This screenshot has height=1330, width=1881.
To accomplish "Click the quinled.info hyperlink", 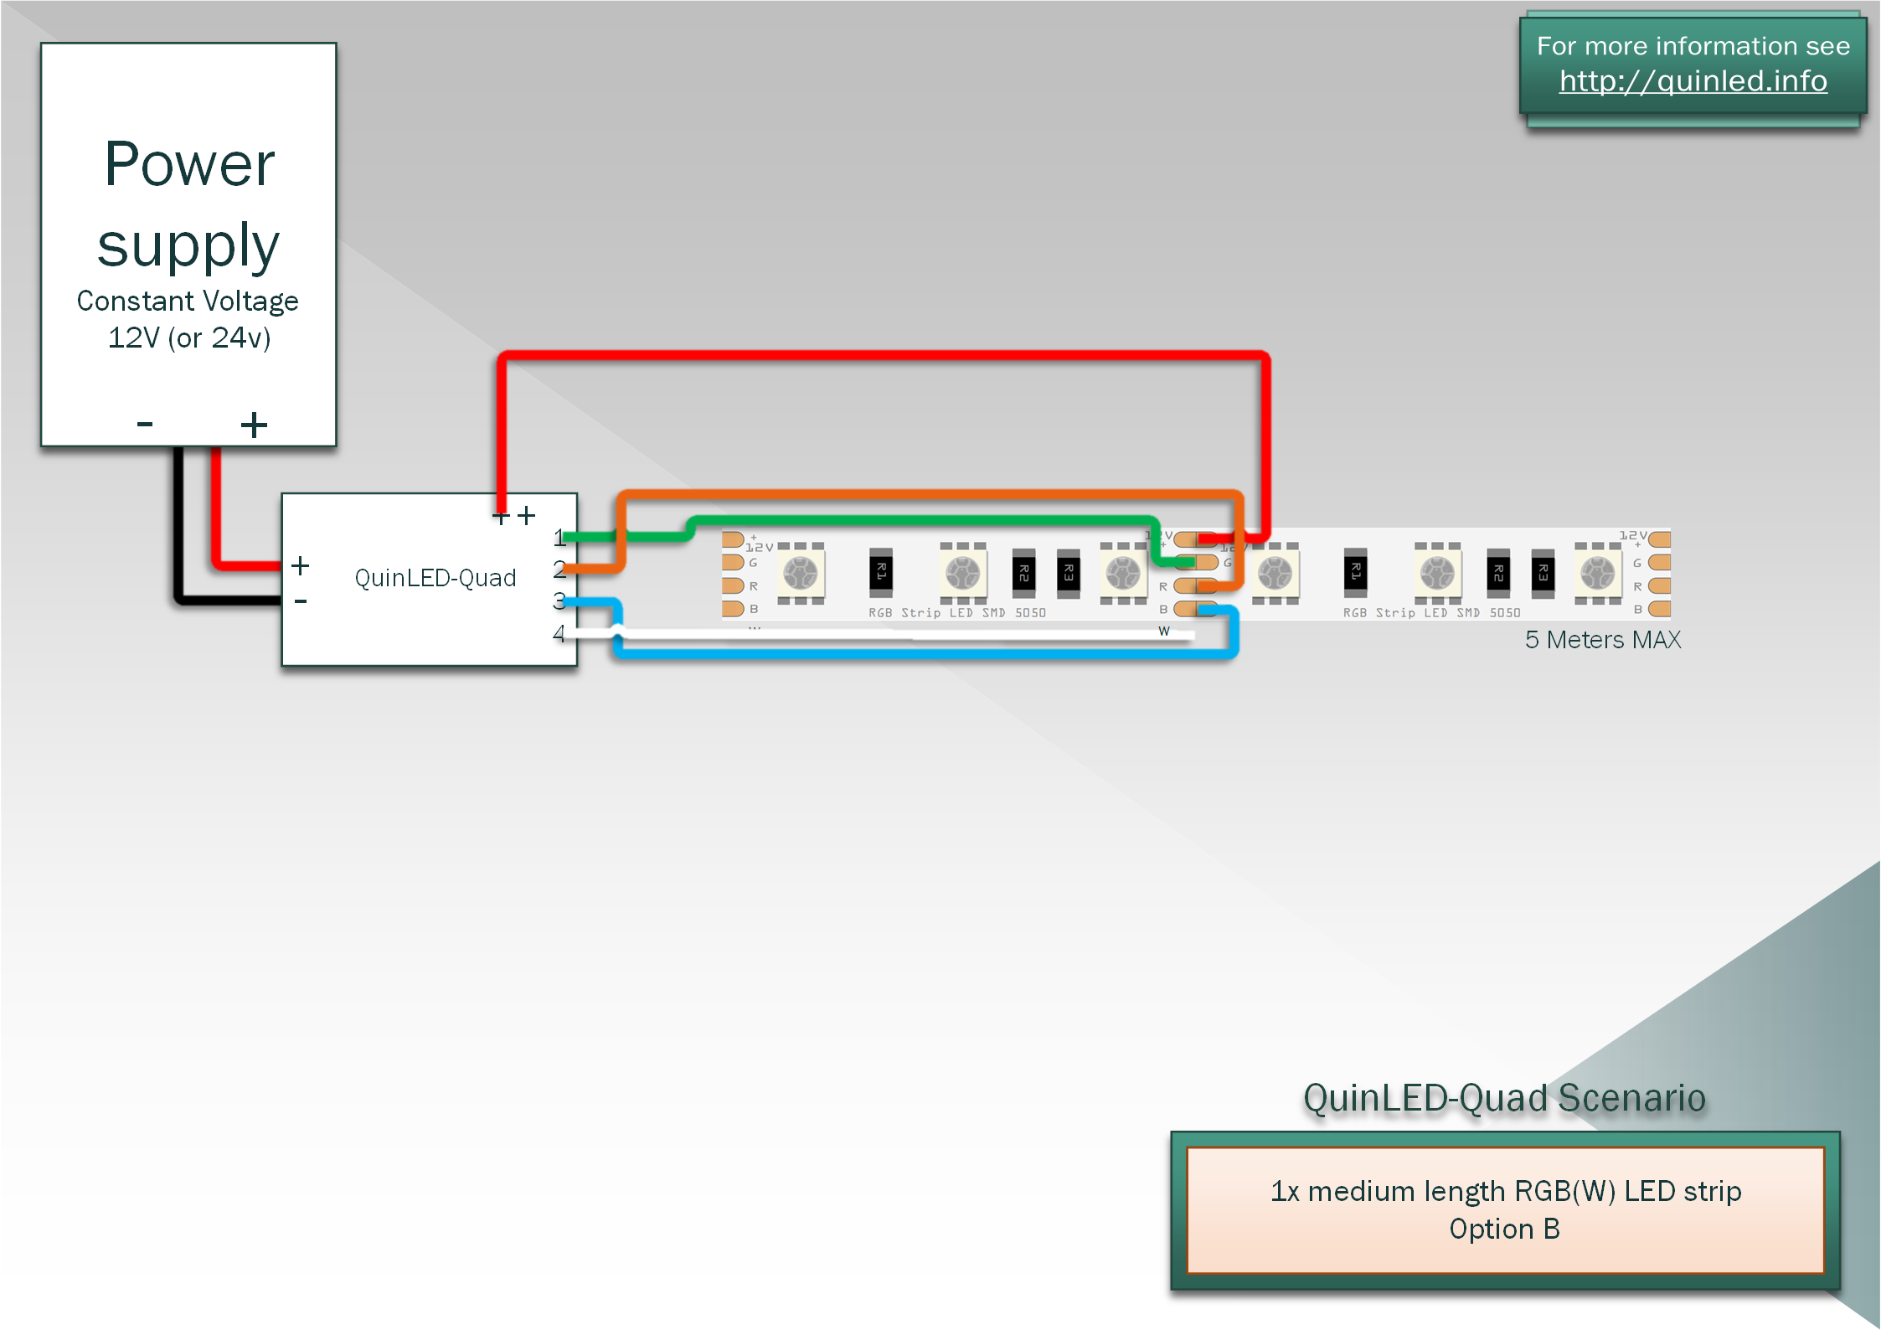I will [1693, 81].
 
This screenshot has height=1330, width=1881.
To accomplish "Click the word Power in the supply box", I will [189, 164].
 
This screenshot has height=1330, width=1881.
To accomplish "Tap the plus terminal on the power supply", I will [254, 425].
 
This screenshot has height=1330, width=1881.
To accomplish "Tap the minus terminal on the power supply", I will [145, 425].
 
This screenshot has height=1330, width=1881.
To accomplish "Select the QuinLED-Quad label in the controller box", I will [435, 578].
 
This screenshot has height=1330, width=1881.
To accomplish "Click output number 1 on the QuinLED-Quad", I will [559, 538].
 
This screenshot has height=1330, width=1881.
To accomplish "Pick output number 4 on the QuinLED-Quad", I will [559, 634].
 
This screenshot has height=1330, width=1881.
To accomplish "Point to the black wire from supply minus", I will [178, 536].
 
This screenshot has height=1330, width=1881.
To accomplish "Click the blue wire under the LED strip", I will [921, 652].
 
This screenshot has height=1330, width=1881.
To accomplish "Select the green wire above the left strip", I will [921, 520].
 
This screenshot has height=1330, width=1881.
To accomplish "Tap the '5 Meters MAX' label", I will [1602, 640].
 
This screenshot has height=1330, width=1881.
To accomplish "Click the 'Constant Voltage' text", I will [188, 301].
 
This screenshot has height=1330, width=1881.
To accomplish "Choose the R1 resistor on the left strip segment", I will [880, 572].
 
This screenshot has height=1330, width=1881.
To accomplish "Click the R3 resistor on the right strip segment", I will [1543, 573].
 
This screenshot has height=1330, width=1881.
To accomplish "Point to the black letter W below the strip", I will [1163, 631].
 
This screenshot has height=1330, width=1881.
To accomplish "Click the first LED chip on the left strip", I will [800, 574].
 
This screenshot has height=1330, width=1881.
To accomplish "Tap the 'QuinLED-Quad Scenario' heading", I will [1504, 1097].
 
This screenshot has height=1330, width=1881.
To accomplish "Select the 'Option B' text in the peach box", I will [1504, 1229].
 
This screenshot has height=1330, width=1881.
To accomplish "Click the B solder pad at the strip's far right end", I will [1659, 609].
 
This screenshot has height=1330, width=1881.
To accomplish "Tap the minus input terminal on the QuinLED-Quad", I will [301, 601].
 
